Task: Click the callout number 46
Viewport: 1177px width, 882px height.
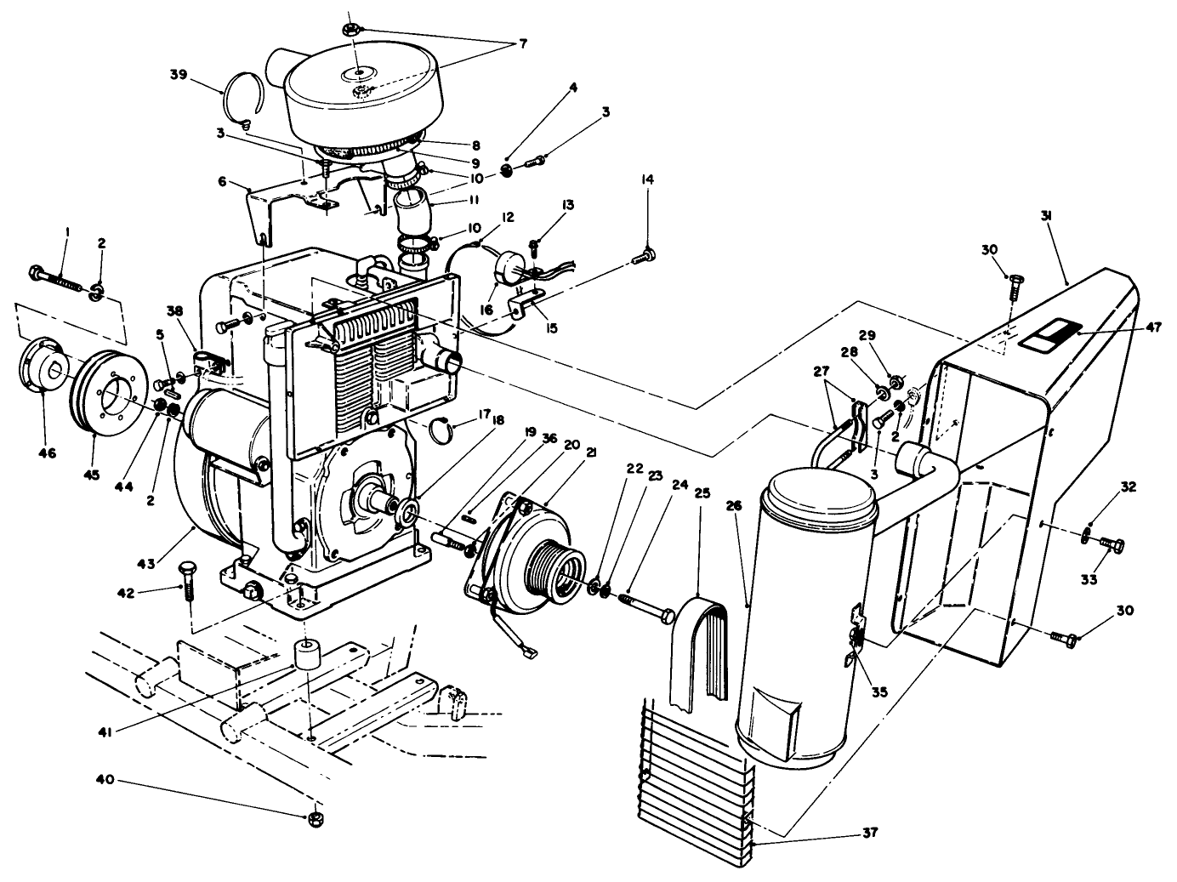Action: coord(47,454)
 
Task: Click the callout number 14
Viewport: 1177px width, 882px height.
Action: coord(648,179)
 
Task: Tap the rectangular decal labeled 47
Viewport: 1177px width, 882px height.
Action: coord(1050,333)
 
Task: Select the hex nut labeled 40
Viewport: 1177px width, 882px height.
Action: coord(314,819)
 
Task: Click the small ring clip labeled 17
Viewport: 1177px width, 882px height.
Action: coord(444,430)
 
